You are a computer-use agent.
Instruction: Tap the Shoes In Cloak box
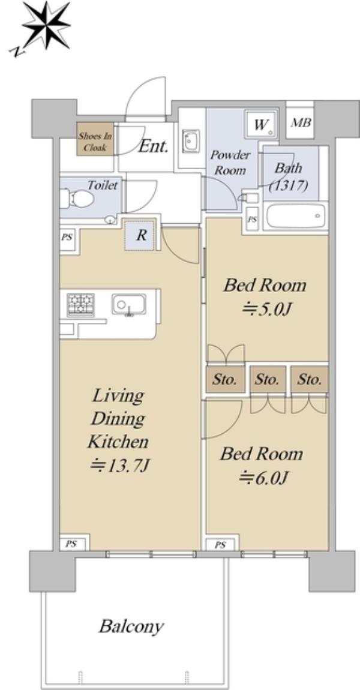[x=95, y=139]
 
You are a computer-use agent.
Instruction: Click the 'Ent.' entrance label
[x=154, y=146]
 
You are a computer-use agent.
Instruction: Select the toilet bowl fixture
[x=77, y=199]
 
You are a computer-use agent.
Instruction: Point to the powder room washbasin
[x=191, y=141]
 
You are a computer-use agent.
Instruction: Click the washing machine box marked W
[x=262, y=125]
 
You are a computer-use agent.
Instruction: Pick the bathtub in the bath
[x=295, y=215]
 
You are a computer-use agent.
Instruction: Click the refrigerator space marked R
[x=141, y=235]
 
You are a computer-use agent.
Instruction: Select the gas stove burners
[x=80, y=304]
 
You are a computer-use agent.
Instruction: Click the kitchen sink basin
[x=129, y=305]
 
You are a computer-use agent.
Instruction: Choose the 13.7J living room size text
[x=121, y=464]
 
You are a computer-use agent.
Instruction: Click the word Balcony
[x=131, y=626]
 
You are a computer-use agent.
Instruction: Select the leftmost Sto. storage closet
[x=226, y=379]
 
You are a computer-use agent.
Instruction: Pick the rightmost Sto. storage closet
[x=310, y=379]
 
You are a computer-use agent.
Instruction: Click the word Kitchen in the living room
[x=118, y=442]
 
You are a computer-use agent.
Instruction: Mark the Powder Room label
[x=230, y=163]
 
